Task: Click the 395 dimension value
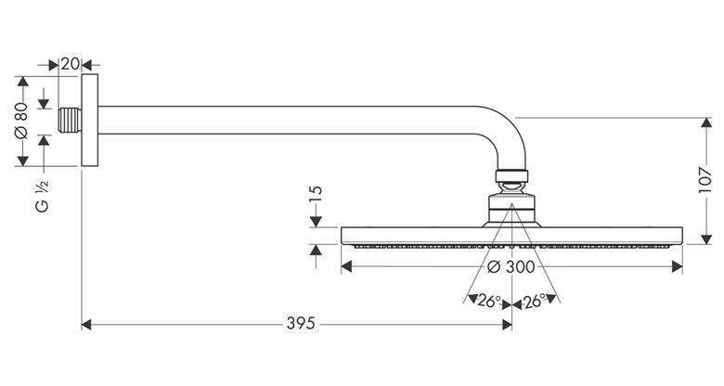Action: coord(301,323)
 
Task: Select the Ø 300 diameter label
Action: coord(511,266)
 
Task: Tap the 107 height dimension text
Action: coord(705,180)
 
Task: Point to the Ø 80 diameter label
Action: coord(21,121)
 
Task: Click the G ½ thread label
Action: coord(42,196)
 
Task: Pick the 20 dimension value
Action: coord(71,64)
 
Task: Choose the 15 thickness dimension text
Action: coord(316,194)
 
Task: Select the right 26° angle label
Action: coord(535,301)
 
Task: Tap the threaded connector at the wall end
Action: coord(71,121)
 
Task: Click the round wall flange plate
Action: coord(90,120)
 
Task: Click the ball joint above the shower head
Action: coord(511,187)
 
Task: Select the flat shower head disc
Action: coord(511,237)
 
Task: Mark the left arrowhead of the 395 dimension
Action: coord(86,325)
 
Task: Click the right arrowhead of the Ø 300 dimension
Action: coord(678,266)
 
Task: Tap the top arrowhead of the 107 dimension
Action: coord(706,122)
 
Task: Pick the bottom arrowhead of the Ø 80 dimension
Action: coord(22,161)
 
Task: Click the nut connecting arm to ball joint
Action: coord(511,176)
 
